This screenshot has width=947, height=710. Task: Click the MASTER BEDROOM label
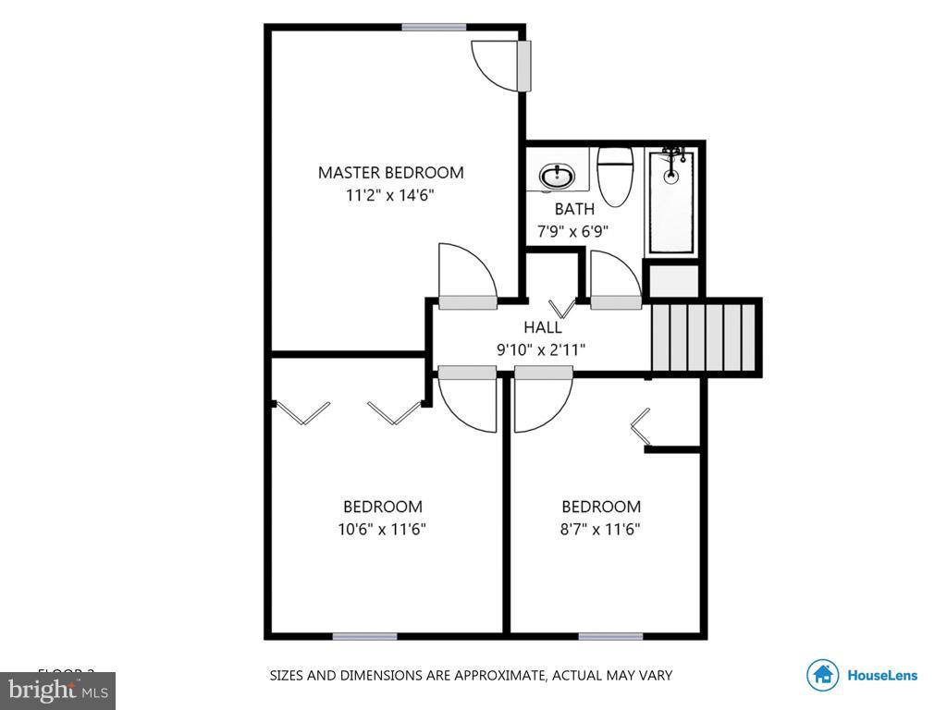pyautogui.click(x=390, y=172)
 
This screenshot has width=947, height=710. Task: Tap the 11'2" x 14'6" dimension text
pyautogui.click(x=390, y=195)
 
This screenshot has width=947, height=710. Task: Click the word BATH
pyautogui.click(x=574, y=209)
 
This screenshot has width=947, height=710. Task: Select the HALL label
pyautogui.click(x=542, y=326)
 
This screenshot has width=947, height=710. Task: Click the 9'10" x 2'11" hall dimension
pyautogui.click(x=541, y=349)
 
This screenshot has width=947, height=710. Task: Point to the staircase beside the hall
pyautogui.click(x=706, y=336)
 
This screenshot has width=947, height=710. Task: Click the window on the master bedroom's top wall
pyautogui.click(x=433, y=27)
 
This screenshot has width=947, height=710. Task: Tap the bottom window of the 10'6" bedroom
pyautogui.click(x=364, y=636)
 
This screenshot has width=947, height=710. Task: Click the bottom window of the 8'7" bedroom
pyautogui.click(x=610, y=636)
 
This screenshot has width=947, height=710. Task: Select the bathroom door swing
pyautogui.click(x=614, y=277)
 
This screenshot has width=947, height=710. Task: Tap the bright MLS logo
pyautogui.click(x=56, y=689)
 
